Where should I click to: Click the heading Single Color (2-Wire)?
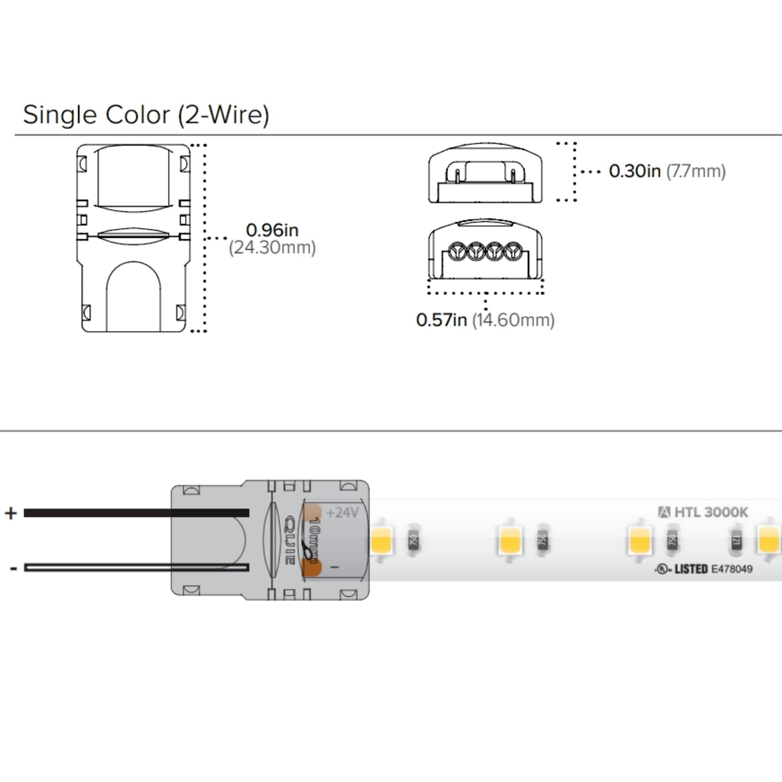[x=146, y=115]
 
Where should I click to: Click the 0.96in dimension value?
[x=272, y=230]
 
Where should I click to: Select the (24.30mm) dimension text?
[x=272, y=248]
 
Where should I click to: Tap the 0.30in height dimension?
[x=634, y=171]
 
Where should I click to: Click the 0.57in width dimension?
[x=441, y=320]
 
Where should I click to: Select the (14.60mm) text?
[x=513, y=320]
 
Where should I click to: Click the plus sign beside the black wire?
[x=11, y=513]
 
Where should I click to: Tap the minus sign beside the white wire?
[x=13, y=569]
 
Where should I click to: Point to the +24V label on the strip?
[x=343, y=513]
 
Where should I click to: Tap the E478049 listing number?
[x=732, y=569]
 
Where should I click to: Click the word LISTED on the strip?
[x=691, y=569]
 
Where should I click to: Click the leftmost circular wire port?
[x=457, y=251]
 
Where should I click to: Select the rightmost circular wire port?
[x=513, y=251]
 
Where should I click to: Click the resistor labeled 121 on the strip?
[x=736, y=541]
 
